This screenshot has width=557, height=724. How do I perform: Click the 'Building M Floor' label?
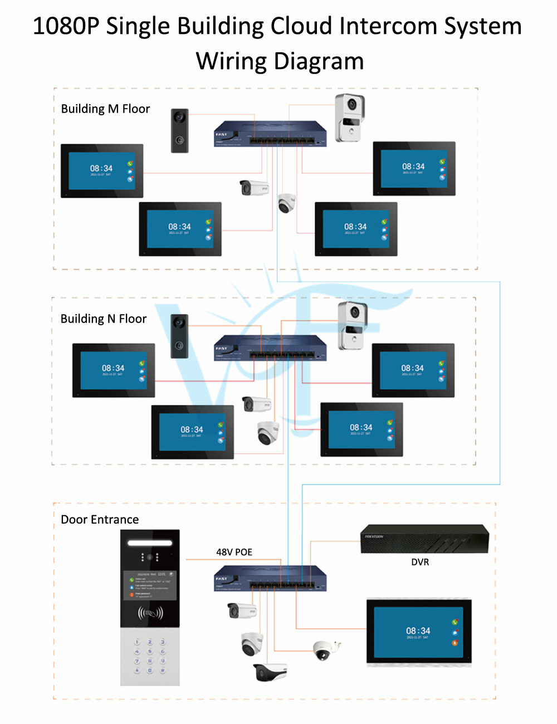point(105,109)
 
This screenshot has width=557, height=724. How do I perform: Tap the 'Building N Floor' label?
point(104,319)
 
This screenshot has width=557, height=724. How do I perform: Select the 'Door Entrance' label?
point(100,519)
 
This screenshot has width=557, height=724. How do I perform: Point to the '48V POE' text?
point(234,552)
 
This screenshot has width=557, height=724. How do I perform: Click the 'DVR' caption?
point(420,562)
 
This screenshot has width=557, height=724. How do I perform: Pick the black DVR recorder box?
point(424,539)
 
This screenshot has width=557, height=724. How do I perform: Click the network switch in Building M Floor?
point(270,134)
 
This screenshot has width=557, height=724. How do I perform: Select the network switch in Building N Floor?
point(270,348)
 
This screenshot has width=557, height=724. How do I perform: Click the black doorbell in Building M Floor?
point(179,130)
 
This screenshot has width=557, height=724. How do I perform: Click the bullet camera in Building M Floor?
point(254,188)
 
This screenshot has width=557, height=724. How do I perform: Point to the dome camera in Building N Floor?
point(268,432)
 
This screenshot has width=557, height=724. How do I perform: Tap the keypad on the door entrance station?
point(150,656)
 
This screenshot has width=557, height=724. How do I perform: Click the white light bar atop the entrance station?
point(150,542)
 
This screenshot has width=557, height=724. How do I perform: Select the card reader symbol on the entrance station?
point(150,613)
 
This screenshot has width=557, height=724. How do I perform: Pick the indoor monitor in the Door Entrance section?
point(419,632)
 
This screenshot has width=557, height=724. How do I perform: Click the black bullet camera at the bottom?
point(270,672)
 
